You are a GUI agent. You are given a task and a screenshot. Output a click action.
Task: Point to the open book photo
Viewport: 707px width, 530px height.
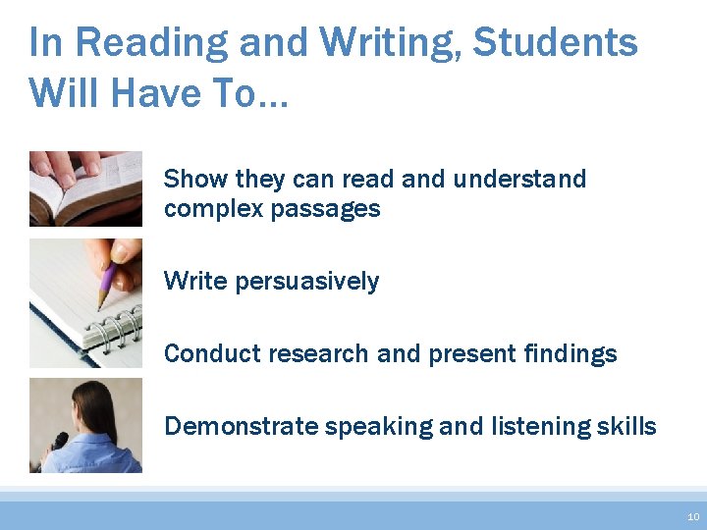(x=85, y=188)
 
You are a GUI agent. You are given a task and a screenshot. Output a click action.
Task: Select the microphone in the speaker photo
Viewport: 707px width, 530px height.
(x=58, y=443)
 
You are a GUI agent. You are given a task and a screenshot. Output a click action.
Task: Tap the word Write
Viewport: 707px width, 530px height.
(x=192, y=281)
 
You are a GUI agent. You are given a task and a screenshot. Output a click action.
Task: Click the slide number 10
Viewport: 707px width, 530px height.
(x=693, y=516)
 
